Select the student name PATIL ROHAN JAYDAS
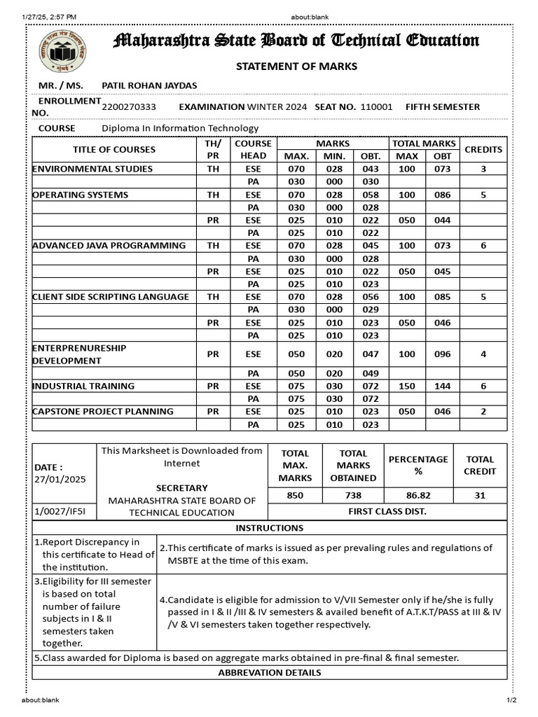tap(149, 85)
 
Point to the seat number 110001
tap(376, 107)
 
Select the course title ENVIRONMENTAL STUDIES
tap(92, 169)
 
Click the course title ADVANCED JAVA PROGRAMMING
tap(109, 246)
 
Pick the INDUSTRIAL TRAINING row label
tap(83, 387)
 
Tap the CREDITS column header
tap(483, 150)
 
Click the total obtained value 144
tap(443, 387)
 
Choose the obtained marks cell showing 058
tap(371, 195)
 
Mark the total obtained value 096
tap(443, 354)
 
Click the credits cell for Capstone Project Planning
tap(483, 412)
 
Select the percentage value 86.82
tap(418, 495)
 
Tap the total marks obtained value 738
tap(353, 495)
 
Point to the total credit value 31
tap(480, 495)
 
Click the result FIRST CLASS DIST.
tap(387, 512)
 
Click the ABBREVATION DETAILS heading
tap(270, 673)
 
